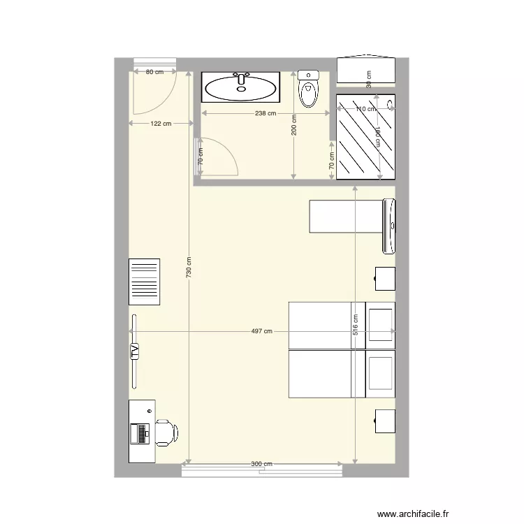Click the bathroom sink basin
click(241, 88)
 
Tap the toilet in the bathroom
click(307, 89)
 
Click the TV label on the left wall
click(134, 351)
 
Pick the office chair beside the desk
click(167, 432)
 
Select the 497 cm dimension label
click(262, 332)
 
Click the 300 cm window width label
click(261, 464)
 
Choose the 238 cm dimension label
click(265, 113)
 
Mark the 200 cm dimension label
click(294, 126)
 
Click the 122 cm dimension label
click(161, 124)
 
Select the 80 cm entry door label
click(153, 71)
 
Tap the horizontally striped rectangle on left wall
click(145, 282)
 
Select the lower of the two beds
click(328, 374)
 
